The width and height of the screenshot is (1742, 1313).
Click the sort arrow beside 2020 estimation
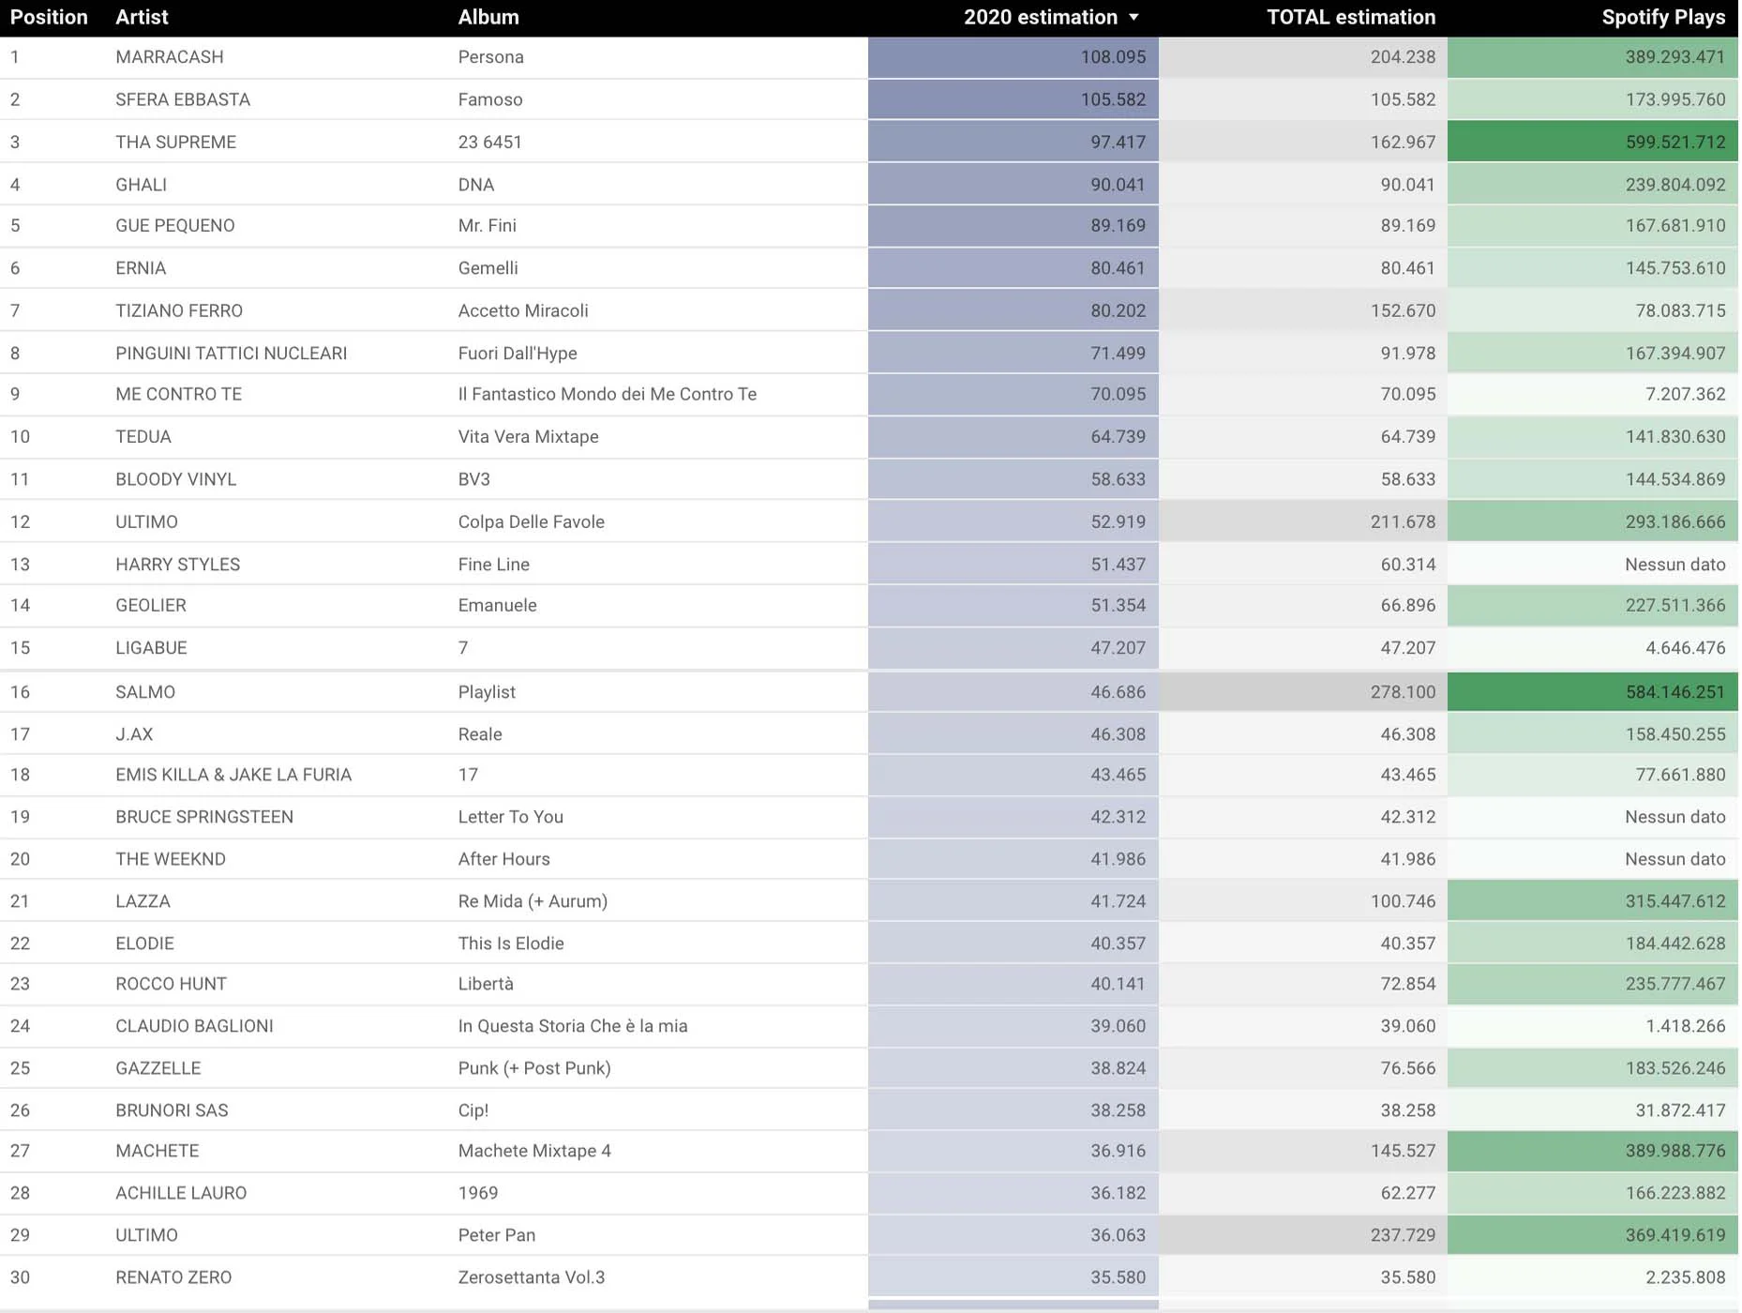tap(1134, 18)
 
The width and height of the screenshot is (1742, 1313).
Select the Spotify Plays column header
tap(1662, 18)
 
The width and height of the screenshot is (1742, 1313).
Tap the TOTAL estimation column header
tap(1350, 18)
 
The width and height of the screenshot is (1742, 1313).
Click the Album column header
tap(488, 18)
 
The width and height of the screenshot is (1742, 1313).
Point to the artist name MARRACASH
tap(170, 57)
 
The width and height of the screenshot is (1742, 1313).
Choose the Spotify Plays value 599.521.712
tap(1674, 143)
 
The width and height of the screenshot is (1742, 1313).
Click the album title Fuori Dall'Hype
tap(517, 354)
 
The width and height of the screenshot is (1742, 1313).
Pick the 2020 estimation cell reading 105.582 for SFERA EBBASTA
tap(1112, 99)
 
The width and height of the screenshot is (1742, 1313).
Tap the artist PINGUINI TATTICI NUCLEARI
tap(231, 354)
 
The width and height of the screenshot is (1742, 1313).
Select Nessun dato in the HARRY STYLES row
tap(1674, 565)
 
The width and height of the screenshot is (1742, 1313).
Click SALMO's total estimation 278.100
tap(1402, 692)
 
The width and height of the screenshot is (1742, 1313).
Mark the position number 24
tap(20, 1026)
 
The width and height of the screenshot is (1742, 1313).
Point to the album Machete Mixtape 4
tap(533, 1151)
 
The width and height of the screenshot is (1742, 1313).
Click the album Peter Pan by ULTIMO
tap(496, 1235)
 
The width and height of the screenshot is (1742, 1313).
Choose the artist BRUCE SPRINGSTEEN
tap(203, 817)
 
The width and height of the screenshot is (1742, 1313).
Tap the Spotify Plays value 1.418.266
tap(1685, 1026)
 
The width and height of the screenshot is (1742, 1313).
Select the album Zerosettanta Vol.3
tap(531, 1277)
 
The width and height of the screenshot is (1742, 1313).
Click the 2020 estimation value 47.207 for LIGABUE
tap(1118, 648)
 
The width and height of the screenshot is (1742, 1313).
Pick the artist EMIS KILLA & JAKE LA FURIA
tap(233, 775)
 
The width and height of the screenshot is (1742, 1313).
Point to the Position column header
tap(49, 18)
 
